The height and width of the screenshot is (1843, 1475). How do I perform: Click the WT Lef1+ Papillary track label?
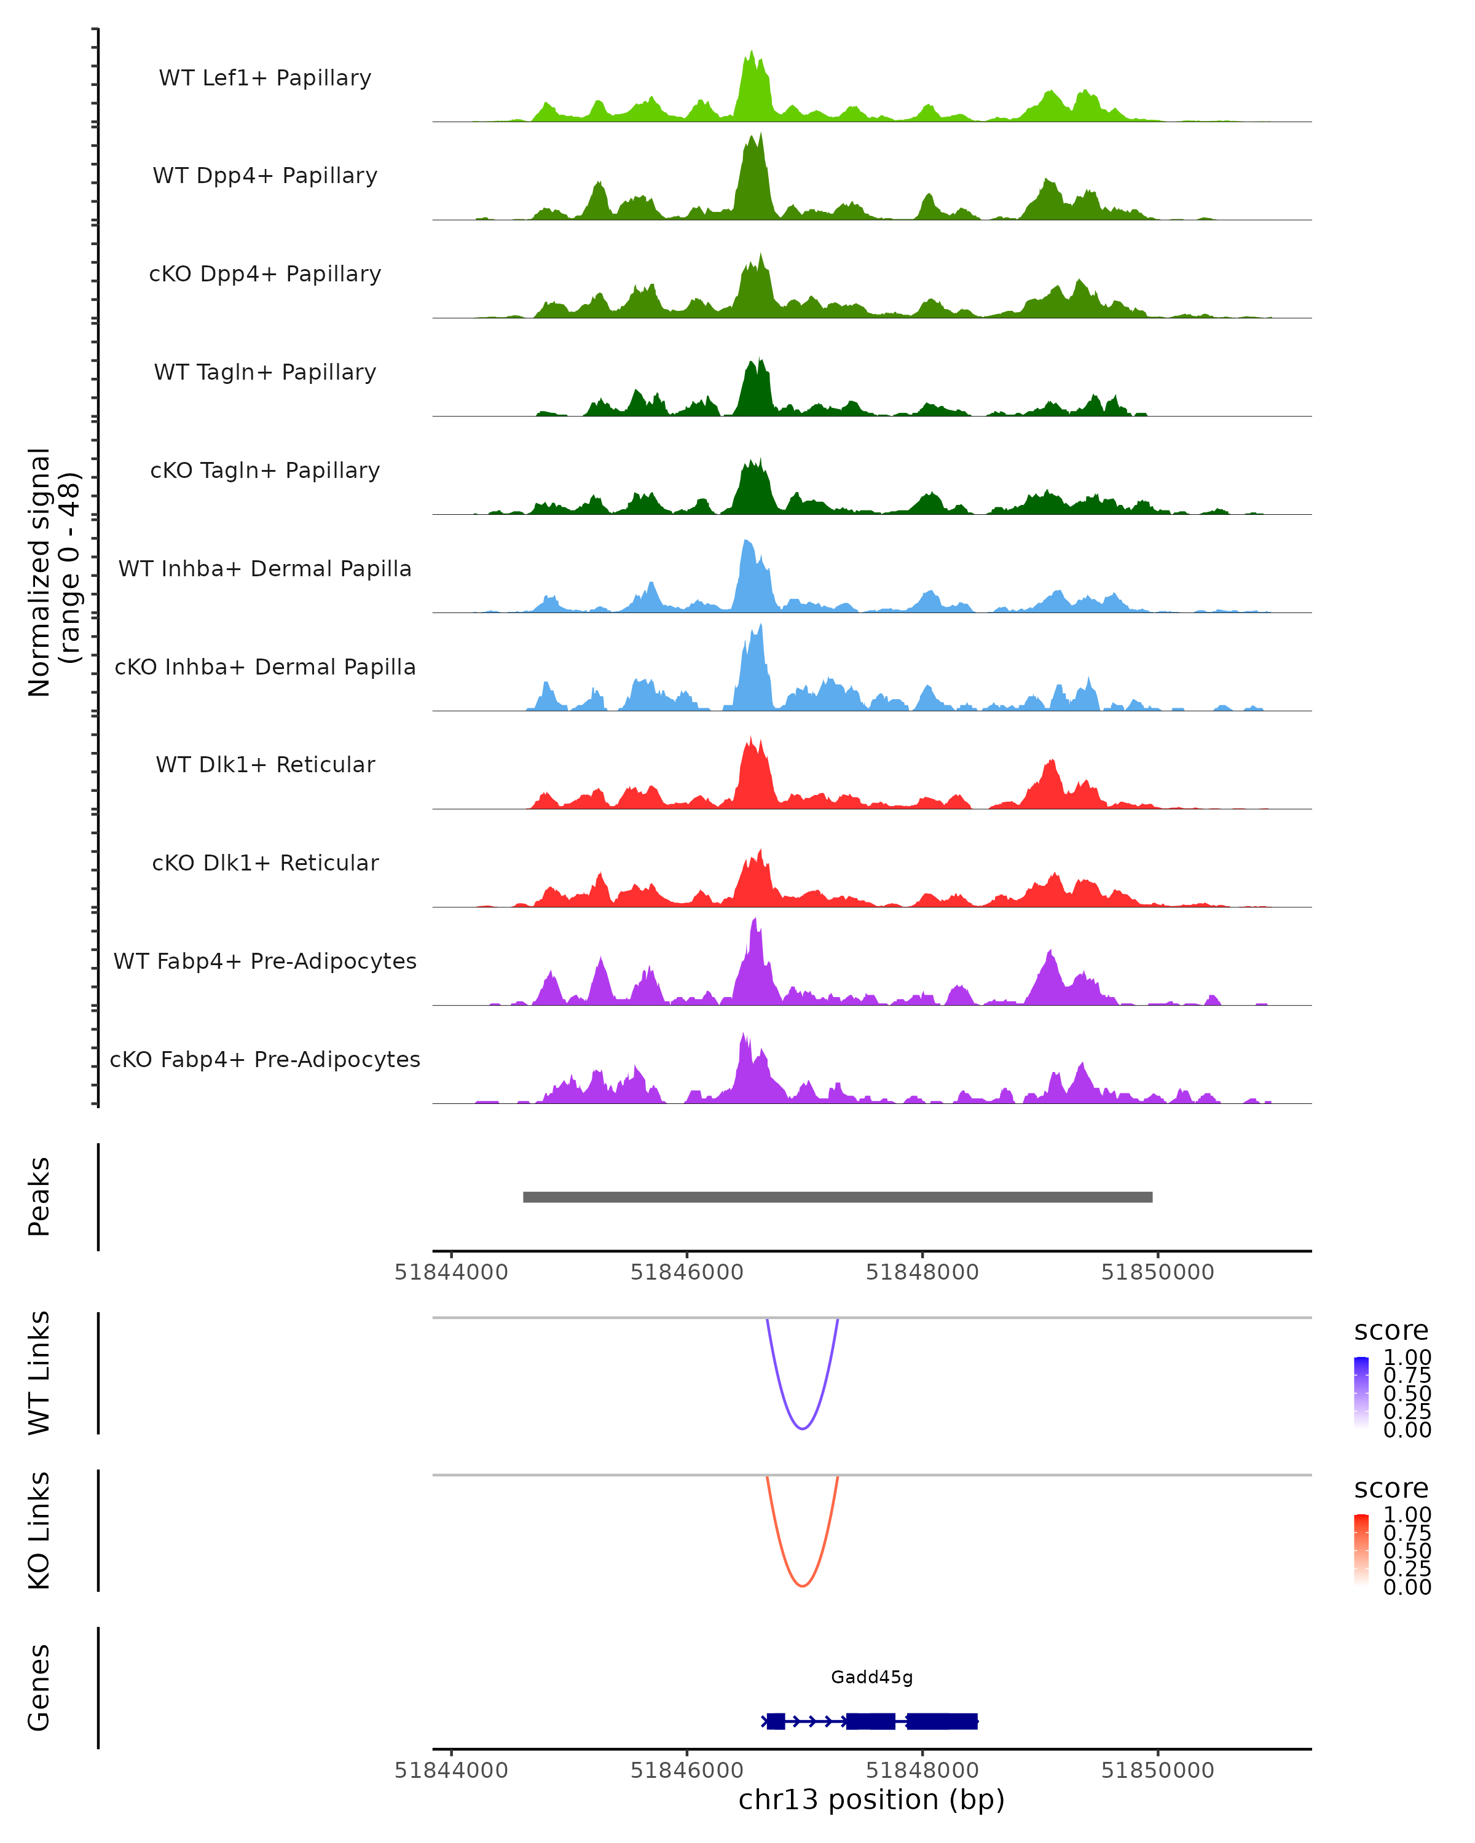point(265,78)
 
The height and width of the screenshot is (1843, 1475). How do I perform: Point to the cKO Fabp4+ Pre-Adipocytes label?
point(265,1059)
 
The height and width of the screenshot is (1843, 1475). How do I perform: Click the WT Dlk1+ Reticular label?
point(265,764)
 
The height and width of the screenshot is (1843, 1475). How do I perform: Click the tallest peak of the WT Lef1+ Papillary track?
point(752,53)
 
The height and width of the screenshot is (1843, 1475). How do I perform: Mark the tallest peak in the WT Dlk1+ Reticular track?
point(751,738)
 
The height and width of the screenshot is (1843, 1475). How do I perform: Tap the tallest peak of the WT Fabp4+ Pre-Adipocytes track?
point(754,921)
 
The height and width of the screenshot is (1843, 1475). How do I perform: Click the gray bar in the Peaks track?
point(837,1197)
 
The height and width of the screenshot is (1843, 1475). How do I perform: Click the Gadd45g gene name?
point(871,1677)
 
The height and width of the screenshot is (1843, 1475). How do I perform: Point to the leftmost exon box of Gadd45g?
point(776,1721)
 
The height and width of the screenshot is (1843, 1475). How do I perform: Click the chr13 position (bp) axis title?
point(871,1800)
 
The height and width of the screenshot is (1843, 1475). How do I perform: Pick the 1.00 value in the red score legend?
point(1407,1515)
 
